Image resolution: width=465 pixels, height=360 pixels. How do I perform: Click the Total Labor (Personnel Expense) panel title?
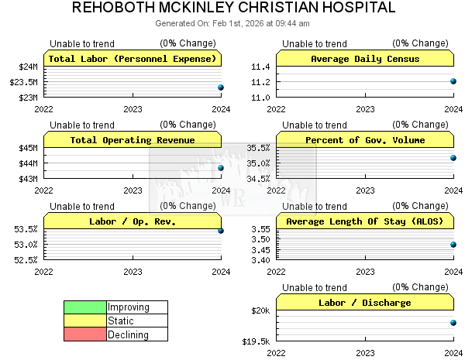pyautogui.click(x=133, y=59)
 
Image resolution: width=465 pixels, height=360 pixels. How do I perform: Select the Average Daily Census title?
pyautogui.click(x=365, y=59)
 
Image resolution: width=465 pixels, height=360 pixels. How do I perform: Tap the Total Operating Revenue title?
pyautogui.click(x=133, y=140)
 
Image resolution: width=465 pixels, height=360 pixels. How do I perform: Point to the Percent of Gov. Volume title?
pyautogui.click(x=365, y=140)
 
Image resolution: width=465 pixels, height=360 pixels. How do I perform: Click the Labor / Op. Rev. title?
pyautogui.click(x=133, y=221)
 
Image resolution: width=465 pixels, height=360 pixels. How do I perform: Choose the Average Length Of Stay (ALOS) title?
pyautogui.click(x=365, y=221)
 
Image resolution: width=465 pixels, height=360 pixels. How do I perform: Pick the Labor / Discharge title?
pyautogui.click(x=365, y=303)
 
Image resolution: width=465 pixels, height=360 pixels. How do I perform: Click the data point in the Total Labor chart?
pyautogui.click(x=221, y=87)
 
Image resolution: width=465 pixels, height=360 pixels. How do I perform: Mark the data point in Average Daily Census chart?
pyautogui.click(x=453, y=81)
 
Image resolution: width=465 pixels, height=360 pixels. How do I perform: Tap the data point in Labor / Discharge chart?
pyautogui.click(x=453, y=323)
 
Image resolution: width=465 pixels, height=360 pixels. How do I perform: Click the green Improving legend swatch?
pyautogui.click(x=84, y=307)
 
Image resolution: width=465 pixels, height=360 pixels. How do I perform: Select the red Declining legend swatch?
pyautogui.click(x=84, y=335)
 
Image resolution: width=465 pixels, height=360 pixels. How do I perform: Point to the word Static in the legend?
pyautogui.click(x=121, y=321)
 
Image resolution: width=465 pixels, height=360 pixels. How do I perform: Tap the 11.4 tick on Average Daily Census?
pyautogui.click(x=261, y=67)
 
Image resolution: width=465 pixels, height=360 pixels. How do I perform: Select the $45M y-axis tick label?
pyautogui.click(x=28, y=148)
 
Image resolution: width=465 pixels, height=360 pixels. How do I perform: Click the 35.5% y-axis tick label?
pyautogui.click(x=258, y=148)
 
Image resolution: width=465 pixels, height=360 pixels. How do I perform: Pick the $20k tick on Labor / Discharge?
pyautogui.click(x=260, y=310)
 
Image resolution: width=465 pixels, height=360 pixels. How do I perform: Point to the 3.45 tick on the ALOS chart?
pyautogui.click(x=260, y=249)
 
